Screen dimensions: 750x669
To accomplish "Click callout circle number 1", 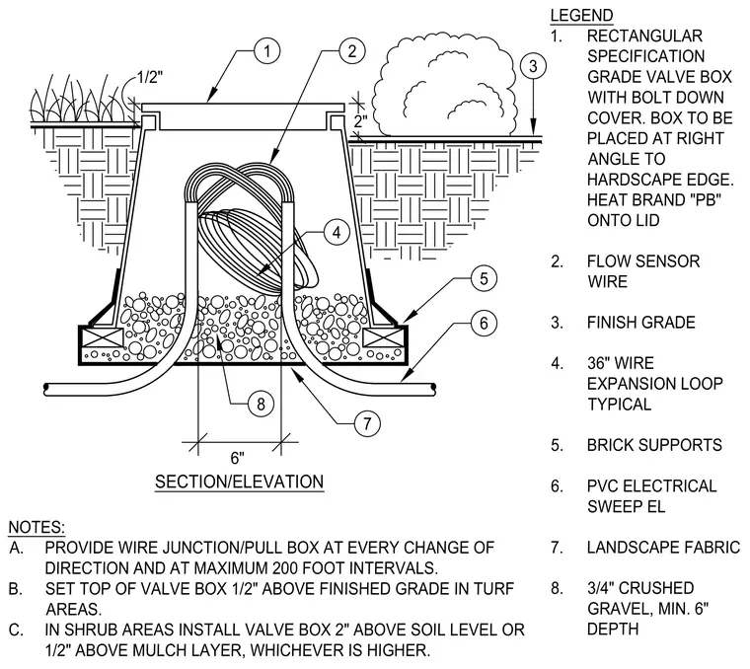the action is click(x=266, y=51).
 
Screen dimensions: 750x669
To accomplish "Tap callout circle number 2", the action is click(x=352, y=51).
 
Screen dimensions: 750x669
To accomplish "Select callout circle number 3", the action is click(x=533, y=66).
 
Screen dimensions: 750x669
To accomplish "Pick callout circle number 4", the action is click(x=337, y=233).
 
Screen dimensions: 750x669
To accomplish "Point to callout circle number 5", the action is click(x=484, y=278).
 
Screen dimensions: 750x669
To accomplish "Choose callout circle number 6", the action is click(x=484, y=324).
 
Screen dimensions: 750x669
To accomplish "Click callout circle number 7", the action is click(x=367, y=423).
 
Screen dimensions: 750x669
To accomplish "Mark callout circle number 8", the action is click(x=261, y=405).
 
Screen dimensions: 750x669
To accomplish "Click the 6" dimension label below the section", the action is click(x=237, y=458).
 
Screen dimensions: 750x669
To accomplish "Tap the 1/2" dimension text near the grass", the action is click(x=150, y=77).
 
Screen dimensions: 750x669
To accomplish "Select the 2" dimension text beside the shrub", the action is click(x=360, y=121).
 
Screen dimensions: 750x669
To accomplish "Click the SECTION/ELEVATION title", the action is click(x=239, y=482).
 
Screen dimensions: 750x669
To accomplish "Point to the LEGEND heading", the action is click(x=581, y=16).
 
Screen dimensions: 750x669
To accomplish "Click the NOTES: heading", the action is click(x=37, y=527).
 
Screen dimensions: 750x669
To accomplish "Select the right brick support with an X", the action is click(x=383, y=337).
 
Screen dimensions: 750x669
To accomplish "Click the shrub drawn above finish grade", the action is click(x=444, y=85).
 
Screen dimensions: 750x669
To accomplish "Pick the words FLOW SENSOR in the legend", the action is click(x=643, y=261).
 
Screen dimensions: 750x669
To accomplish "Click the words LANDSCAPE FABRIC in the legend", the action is click(x=663, y=547).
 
